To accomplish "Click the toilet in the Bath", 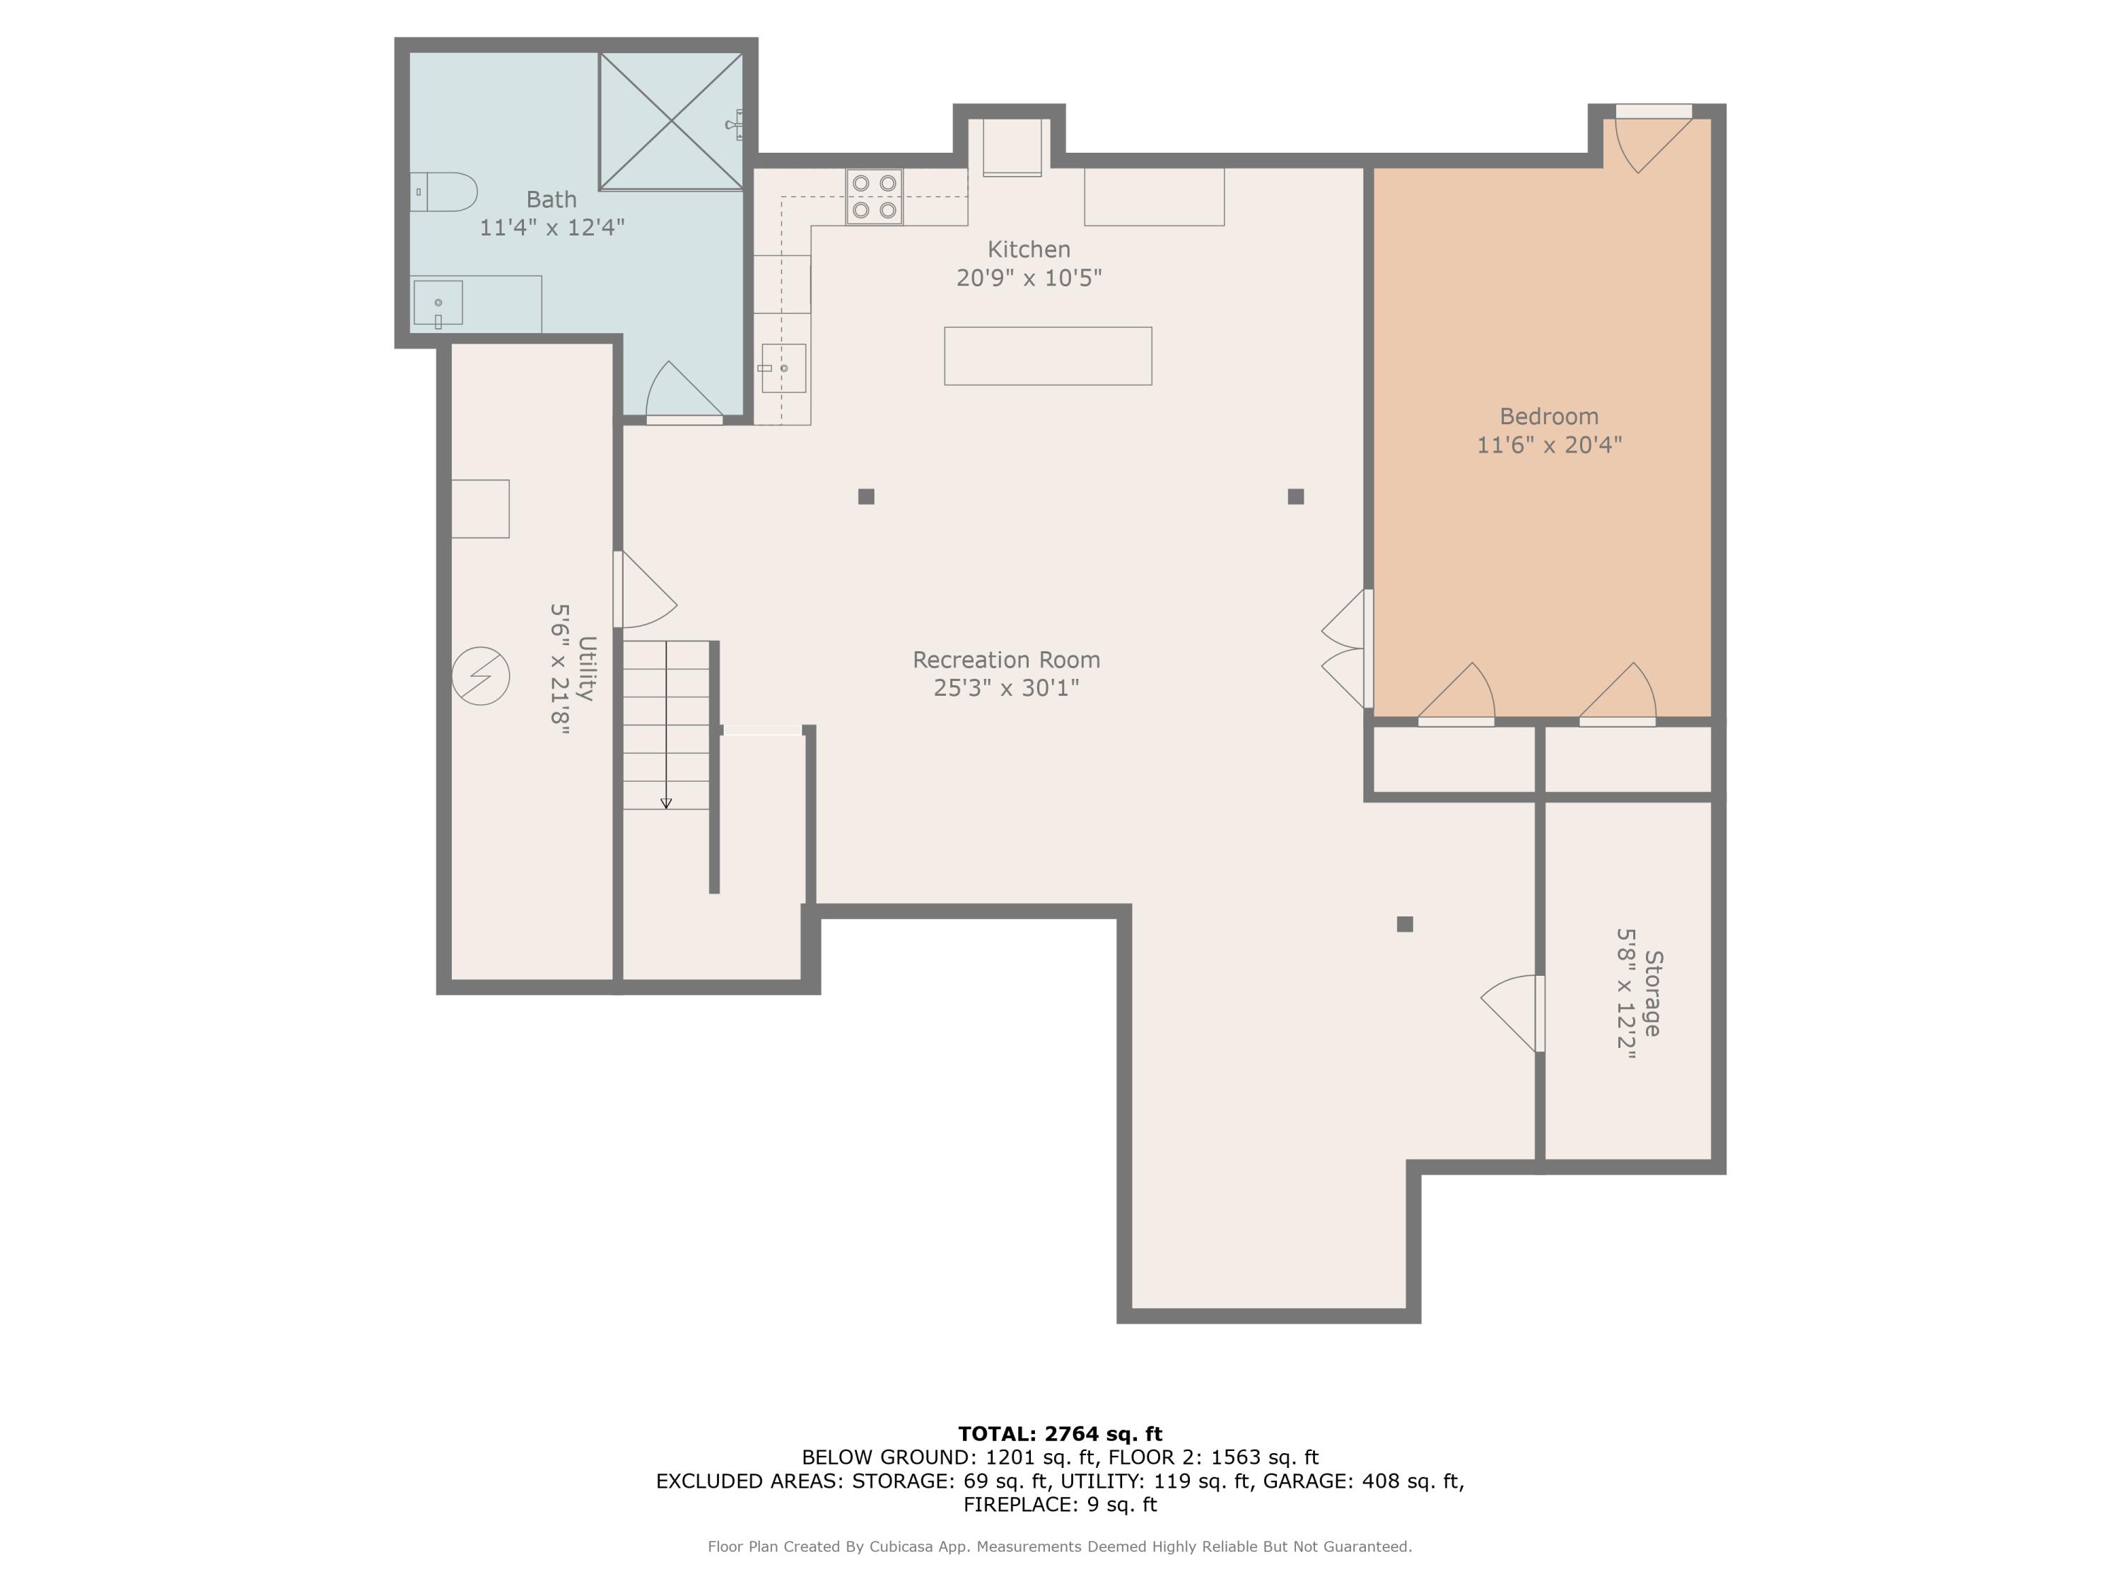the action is click(x=444, y=192).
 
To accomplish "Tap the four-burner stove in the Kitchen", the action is click(x=875, y=197).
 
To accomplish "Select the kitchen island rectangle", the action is click(x=1048, y=356).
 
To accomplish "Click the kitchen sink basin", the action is click(x=783, y=368).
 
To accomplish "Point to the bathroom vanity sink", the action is click(x=438, y=304).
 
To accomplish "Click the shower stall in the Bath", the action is click(x=671, y=121).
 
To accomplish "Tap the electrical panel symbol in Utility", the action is click(x=480, y=676).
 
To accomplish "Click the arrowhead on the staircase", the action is click(x=667, y=804).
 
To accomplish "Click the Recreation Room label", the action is click(x=1007, y=660).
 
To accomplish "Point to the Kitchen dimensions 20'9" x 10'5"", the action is click(x=1029, y=278).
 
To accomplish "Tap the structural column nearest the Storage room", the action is click(x=1405, y=924).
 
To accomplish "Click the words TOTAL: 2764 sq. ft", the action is click(x=1060, y=1434).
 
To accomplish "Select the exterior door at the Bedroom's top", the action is click(x=1654, y=139).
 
